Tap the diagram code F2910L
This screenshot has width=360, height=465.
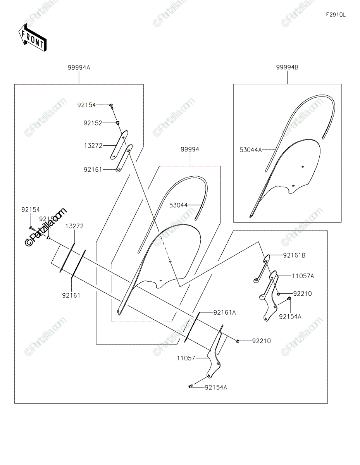pos(335,15)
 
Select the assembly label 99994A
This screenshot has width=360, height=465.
pos(79,67)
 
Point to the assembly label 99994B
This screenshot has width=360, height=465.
pos(287,67)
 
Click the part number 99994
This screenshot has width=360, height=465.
pos(190,149)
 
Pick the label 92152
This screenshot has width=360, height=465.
pos(93,123)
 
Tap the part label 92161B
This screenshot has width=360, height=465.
pos(294,255)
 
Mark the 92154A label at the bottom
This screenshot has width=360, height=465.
pos(216,387)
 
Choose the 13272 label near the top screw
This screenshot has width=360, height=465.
pos(93,146)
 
